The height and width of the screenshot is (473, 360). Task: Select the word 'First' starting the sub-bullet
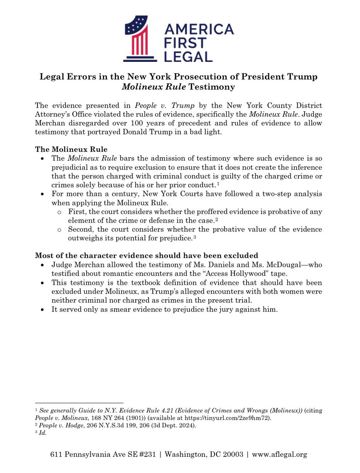point(75,212)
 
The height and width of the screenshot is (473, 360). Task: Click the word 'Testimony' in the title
point(213,86)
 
